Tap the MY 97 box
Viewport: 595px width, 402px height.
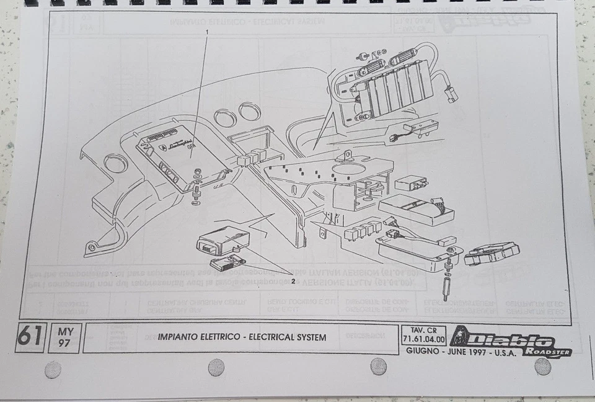point(64,337)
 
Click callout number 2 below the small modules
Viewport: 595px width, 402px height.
point(293,281)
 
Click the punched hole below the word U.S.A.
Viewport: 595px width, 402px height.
point(543,367)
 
